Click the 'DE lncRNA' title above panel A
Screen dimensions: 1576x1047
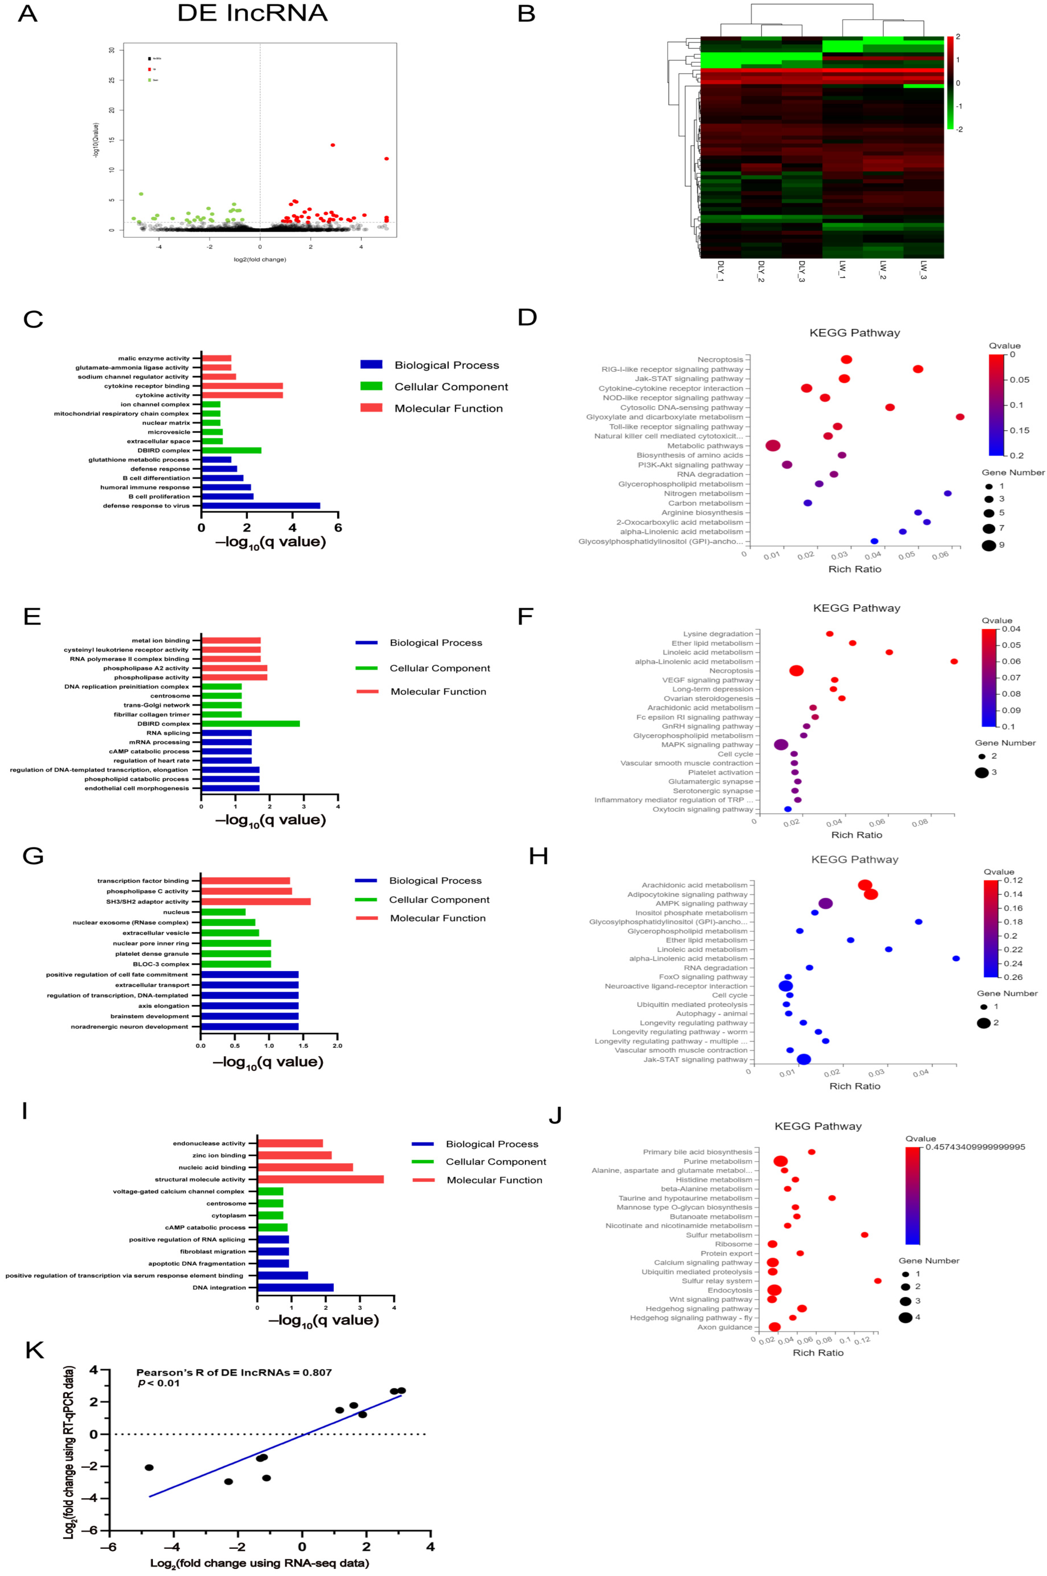tap(252, 13)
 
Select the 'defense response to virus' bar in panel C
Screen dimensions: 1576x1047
tap(260, 505)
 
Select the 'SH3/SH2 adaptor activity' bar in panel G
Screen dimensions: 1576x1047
tap(255, 902)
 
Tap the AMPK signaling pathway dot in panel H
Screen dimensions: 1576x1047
tap(825, 904)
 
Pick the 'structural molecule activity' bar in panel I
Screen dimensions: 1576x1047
tap(320, 1179)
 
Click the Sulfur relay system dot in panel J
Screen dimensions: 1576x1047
tap(877, 1281)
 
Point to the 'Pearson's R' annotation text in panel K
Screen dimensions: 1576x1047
tap(234, 1372)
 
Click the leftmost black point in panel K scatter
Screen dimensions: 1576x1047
tap(149, 1467)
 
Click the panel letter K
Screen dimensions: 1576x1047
tap(34, 1350)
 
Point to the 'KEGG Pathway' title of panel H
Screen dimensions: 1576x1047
tap(855, 859)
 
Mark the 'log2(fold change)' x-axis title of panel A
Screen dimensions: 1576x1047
tap(260, 259)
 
